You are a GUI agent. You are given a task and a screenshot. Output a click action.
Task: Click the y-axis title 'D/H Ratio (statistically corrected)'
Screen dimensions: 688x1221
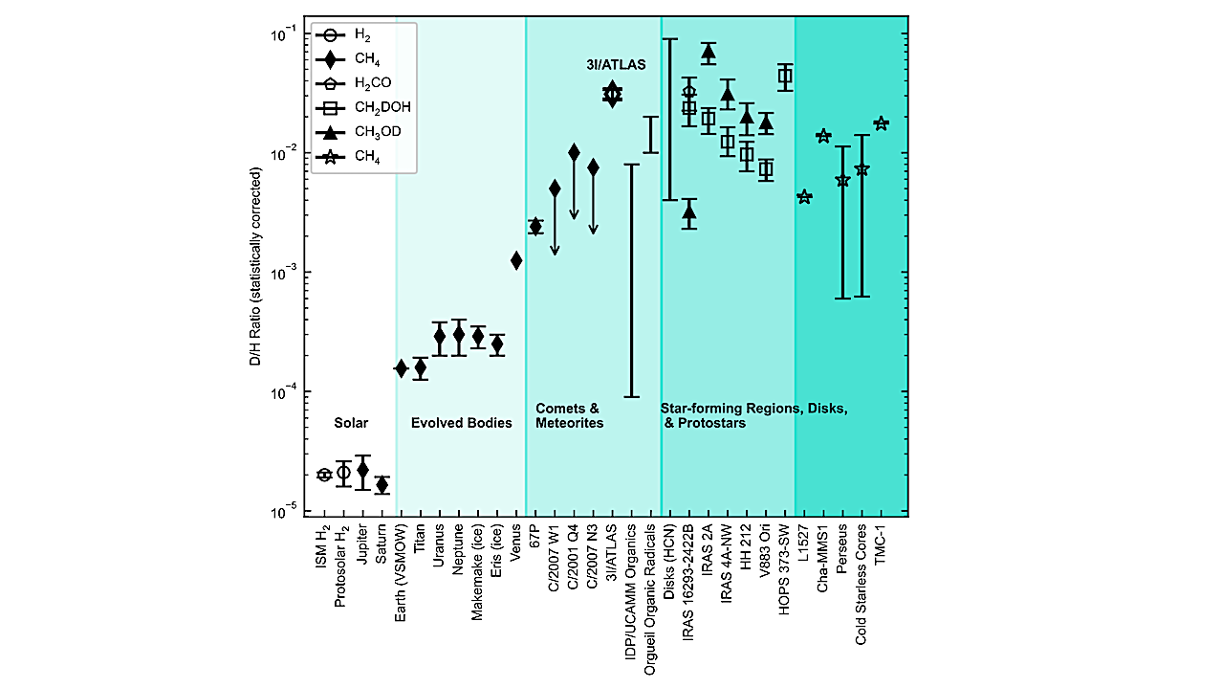tap(256, 273)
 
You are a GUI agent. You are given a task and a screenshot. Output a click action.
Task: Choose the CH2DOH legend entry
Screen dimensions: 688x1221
tap(373, 108)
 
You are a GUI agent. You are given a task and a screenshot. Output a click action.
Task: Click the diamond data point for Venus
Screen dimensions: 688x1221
tap(516, 260)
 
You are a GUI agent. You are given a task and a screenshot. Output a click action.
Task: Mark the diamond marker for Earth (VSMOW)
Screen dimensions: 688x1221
tap(402, 368)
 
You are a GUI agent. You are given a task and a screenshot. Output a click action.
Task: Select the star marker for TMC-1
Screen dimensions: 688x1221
tap(881, 123)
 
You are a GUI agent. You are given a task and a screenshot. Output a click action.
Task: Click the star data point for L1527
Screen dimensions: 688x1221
tap(804, 197)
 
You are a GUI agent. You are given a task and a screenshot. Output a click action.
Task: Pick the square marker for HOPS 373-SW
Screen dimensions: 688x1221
tap(785, 78)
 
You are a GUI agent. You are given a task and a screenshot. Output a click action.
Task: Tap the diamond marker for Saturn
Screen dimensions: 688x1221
tap(382, 485)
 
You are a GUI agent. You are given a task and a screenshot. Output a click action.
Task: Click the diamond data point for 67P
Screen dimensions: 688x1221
tap(535, 226)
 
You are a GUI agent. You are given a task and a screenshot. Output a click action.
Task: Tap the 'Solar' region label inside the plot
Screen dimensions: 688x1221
tap(351, 423)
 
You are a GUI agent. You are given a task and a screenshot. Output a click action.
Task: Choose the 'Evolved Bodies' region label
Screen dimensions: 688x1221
tap(461, 423)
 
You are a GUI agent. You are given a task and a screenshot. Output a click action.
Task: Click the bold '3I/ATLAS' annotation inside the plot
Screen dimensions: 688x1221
tap(616, 66)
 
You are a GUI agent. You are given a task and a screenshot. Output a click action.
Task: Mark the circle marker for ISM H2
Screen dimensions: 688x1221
tap(324, 475)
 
